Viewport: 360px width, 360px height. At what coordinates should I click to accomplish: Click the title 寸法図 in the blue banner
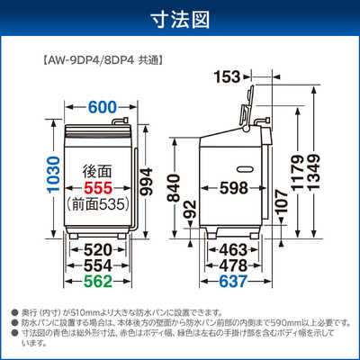coord(179,19)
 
